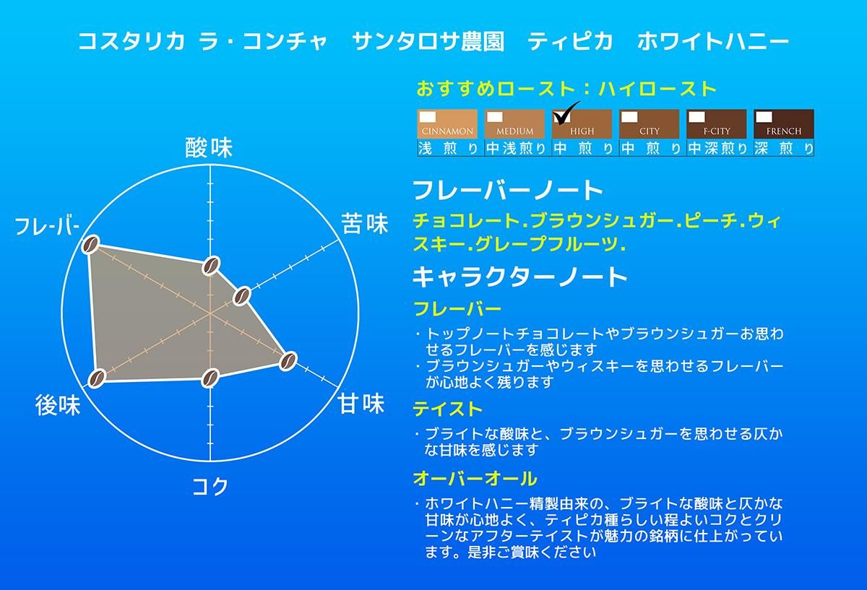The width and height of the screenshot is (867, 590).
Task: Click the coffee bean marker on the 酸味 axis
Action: (211, 266)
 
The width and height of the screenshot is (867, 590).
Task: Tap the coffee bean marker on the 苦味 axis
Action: (242, 296)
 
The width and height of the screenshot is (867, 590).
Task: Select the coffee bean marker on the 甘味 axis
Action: (288, 361)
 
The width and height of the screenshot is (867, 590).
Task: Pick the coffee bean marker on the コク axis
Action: (210, 378)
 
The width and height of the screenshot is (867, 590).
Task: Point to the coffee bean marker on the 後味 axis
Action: (97, 378)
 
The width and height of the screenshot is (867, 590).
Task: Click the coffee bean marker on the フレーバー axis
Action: (90, 245)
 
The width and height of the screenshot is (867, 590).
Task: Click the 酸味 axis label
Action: (209, 148)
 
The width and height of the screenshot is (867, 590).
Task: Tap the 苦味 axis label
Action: (365, 224)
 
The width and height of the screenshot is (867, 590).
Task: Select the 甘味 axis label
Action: (361, 404)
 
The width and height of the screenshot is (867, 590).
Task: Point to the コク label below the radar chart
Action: (210, 486)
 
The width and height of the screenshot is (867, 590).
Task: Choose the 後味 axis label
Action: (58, 405)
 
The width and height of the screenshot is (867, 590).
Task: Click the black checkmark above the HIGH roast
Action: (566, 113)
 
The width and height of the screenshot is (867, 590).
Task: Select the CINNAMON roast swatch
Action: (447, 124)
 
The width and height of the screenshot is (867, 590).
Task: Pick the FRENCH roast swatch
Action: (784, 124)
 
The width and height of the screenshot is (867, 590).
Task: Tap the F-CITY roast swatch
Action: (717, 124)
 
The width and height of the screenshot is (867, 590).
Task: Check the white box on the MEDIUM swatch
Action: (495, 117)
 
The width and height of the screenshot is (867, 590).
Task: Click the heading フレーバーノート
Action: (508, 190)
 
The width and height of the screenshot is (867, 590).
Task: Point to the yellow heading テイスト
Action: (448, 409)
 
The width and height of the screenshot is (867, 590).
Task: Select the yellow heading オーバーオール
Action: (475, 479)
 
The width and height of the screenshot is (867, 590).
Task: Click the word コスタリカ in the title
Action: (131, 41)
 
